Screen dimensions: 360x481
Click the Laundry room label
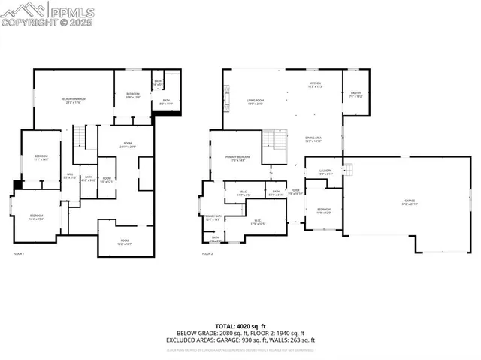325,172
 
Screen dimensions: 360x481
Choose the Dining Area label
313,139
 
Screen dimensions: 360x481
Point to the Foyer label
295,192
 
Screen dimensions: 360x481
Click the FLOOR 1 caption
19,254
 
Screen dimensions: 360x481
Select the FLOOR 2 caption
207,254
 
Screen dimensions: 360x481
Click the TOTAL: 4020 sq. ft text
240,324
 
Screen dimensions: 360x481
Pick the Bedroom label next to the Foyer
323,210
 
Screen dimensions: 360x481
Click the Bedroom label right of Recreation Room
133,95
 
